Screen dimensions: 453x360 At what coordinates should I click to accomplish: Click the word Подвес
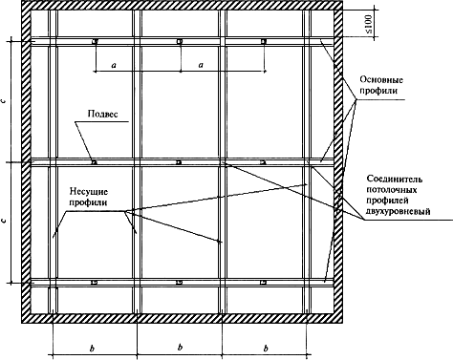coord(102,114)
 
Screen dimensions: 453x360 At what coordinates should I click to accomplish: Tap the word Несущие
coord(89,192)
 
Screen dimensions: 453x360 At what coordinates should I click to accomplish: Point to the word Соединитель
coord(395,179)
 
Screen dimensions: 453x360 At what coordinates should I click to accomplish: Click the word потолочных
coord(392,190)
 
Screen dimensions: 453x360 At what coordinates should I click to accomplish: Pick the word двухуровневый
coord(399,211)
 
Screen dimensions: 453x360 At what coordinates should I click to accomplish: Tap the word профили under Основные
coord(378,91)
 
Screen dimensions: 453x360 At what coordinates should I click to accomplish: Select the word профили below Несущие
coord(89,202)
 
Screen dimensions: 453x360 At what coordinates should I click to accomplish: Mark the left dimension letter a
coord(114,65)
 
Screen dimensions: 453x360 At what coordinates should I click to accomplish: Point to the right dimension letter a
coord(201,65)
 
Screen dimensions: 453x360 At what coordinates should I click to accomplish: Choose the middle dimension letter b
coord(180,347)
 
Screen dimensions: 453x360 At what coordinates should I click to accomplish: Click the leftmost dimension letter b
coord(92,349)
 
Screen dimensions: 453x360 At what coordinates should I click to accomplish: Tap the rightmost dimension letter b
coord(266,348)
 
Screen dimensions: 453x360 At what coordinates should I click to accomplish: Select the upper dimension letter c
coord(4,101)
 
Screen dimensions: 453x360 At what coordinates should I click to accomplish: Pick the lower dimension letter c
coord(4,220)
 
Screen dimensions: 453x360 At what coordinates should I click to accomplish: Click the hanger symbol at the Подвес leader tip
coord(95,162)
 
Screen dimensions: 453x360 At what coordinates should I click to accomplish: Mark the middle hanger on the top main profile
coord(180,41)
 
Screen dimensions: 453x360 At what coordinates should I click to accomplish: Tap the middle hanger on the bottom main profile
coord(180,283)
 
